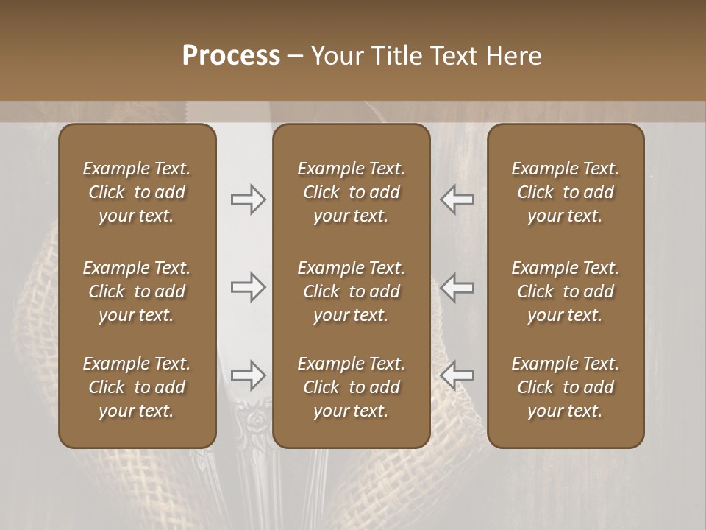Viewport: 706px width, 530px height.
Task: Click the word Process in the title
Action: point(231,55)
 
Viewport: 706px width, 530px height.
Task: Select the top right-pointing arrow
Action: point(248,199)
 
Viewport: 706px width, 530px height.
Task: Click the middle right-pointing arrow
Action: point(248,287)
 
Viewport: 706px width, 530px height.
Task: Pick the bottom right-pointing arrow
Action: point(248,375)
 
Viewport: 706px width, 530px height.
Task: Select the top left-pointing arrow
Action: point(457,199)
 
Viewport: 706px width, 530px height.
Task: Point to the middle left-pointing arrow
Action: point(457,287)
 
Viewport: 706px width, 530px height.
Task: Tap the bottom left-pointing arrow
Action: point(457,375)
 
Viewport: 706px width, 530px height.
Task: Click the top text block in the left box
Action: point(137,192)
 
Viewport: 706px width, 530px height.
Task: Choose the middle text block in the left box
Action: point(137,291)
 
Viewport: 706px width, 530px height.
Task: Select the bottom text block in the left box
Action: point(137,387)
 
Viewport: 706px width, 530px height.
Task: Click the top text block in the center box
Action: point(351,192)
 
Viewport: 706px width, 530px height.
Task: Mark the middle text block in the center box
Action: point(351,291)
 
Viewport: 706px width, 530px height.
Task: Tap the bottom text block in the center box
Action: point(351,387)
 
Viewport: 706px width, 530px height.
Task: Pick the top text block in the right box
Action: point(565,192)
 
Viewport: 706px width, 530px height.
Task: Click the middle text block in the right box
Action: point(565,291)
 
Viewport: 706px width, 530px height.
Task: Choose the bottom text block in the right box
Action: point(565,387)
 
